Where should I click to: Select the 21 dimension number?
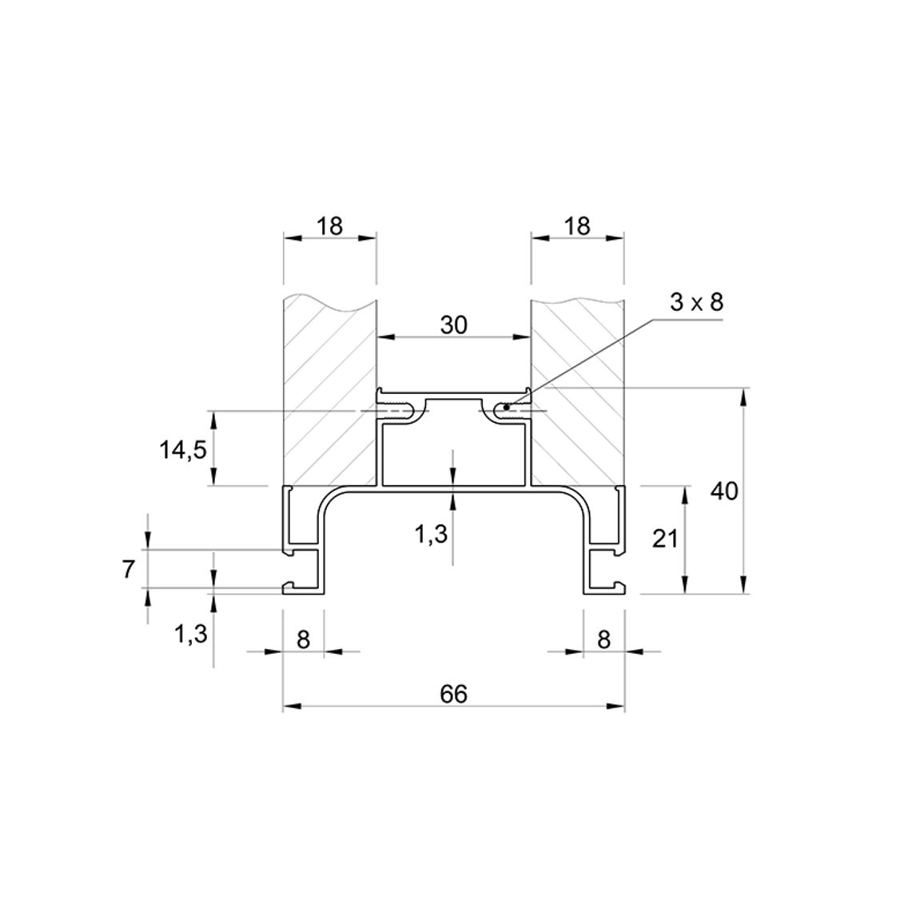[665, 539]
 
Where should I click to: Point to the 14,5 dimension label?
[183, 451]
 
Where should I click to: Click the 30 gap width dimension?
[454, 325]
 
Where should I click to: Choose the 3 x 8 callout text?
[696, 302]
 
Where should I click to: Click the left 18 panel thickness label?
[329, 225]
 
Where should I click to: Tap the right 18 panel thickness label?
[577, 225]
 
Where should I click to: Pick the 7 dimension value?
[129, 570]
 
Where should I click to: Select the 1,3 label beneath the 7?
[191, 635]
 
